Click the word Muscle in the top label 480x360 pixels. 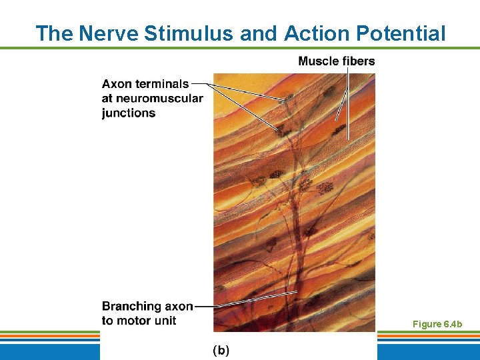(x=319, y=61)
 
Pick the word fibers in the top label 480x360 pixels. (x=359, y=61)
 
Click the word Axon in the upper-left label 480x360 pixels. (x=117, y=84)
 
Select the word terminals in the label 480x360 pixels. (x=163, y=84)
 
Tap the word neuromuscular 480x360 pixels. (x=161, y=99)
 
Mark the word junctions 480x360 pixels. (x=129, y=113)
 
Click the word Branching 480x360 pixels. (x=131, y=307)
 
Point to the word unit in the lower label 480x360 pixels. (x=165, y=321)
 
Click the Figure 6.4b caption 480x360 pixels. (x=437, y=324)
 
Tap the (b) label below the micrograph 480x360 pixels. (x=221, y=350)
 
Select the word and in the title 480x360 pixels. (x=261, y=33)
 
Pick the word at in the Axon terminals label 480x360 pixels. (x=108, y=99)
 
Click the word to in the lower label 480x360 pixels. (x=108, y=321)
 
